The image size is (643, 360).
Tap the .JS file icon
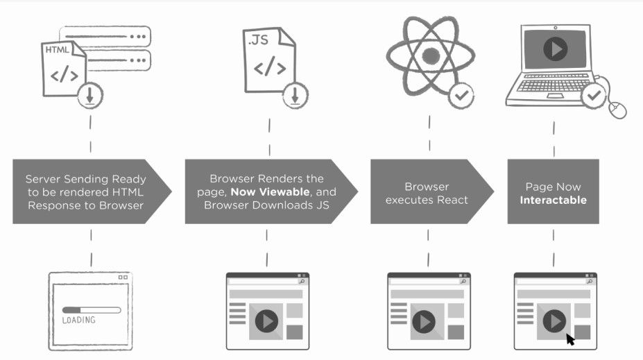[x=268, y=62]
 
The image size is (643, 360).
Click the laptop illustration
[x=551, y=66]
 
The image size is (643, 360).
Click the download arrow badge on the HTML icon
[x=89, y=96]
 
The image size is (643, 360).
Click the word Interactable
[x=554, y=200]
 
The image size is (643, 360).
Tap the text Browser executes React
[x=427, y=193]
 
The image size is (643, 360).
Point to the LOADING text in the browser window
[x=78, y=320]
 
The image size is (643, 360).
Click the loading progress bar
[x=91, y=310]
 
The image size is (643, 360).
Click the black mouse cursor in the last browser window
[x=570, y=339]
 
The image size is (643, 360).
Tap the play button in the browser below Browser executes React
[x=423, y=322]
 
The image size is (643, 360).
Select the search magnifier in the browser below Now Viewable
[x=302, y=282]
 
